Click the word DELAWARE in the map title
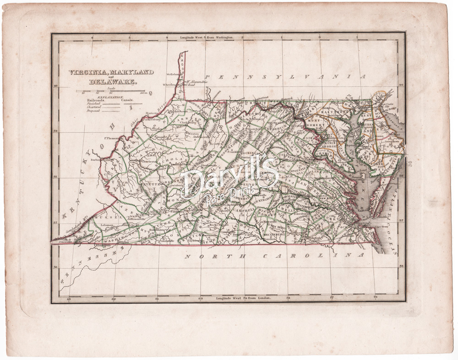point(112,82)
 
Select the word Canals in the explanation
point(128,99)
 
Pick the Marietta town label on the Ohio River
point(152,113)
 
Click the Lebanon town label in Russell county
point(107,225)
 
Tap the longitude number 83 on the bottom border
point(69,299)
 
